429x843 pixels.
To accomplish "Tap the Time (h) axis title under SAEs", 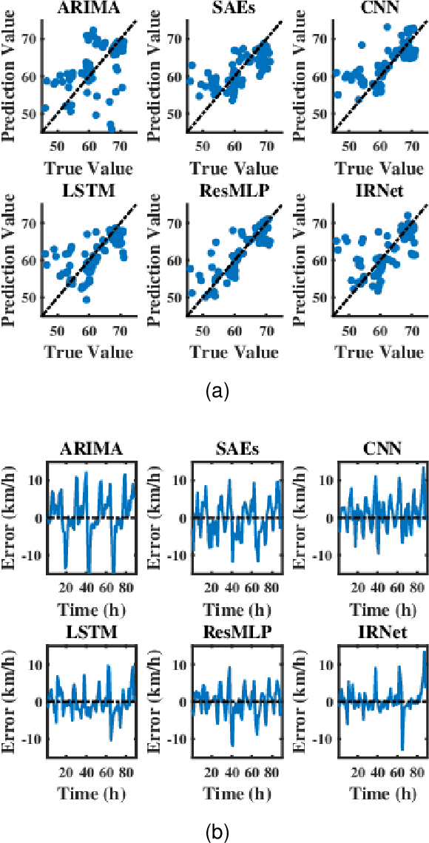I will coord(234,609).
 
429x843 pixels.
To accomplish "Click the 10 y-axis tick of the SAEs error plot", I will coord(178,480).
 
